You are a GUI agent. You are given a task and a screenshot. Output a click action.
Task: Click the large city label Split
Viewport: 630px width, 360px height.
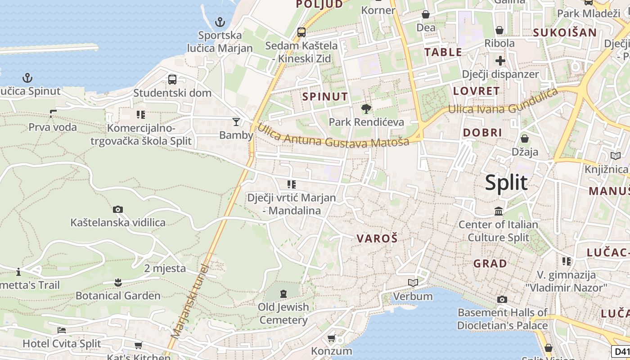click(506, 183)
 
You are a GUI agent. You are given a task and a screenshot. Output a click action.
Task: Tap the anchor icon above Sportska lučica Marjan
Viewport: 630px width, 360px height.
click(220, 22)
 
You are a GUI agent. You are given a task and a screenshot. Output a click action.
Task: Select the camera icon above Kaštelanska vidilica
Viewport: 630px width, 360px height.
click(118, 209)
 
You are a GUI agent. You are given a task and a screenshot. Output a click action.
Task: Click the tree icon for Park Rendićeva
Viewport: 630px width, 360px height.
click(366, 108)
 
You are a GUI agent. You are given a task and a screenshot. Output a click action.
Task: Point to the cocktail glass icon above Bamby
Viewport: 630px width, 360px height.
click(236, 121)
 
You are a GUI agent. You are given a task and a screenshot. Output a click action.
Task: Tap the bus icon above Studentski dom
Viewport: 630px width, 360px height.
click(172, 80)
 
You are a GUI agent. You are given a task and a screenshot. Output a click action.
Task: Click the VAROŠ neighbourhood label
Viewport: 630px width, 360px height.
click(377, 238)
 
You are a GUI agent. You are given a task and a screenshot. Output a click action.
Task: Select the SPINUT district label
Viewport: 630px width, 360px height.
click(325, 96)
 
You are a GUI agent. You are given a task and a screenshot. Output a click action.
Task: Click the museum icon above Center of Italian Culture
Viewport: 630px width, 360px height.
click(499, 211)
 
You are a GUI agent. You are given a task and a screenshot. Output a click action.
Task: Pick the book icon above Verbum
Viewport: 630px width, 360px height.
click(413, 283)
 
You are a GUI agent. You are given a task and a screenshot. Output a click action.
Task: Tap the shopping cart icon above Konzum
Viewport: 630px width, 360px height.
click(332, 337)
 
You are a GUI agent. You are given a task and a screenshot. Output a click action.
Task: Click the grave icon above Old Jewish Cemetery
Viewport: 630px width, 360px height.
click(283, 294)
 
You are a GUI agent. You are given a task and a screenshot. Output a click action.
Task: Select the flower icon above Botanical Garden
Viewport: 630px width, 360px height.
click(118, 282)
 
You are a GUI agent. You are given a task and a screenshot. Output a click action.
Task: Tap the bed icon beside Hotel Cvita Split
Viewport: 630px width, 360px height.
click(62, 330)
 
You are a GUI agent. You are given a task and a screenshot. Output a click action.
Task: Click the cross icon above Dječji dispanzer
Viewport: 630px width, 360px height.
click(500, 60)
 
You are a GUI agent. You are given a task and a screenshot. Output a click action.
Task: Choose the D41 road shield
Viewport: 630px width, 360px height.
click(621, 351)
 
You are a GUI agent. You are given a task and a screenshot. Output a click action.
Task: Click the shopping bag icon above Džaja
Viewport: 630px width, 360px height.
click(525, 138)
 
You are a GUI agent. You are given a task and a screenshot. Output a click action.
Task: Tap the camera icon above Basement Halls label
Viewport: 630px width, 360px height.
click(502, 299)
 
